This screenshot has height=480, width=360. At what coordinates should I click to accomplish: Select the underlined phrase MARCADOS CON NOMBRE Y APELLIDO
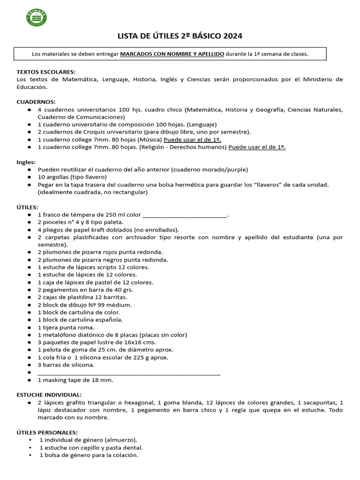tap(172, 54)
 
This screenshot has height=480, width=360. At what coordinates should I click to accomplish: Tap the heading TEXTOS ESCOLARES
tap(46, 72)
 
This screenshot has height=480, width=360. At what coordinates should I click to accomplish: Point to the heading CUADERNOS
tap(36, 102)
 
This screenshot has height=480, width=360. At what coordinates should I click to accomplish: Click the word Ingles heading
tap(26, 162)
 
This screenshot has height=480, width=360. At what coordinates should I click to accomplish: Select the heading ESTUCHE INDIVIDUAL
tap(49, 395)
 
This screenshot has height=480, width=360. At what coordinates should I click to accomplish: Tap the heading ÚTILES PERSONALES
tap(47, 432)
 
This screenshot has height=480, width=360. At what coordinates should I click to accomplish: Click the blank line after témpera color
tap(184, 215)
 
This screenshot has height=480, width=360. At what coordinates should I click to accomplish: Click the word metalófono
tap(59, 335)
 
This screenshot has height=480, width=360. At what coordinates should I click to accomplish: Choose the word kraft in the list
tap(104, 230)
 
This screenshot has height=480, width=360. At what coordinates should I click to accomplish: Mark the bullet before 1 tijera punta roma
tap(30, 327)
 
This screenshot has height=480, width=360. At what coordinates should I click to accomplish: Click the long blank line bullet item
tap(129, 373)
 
